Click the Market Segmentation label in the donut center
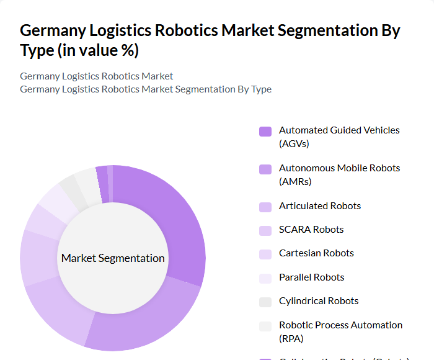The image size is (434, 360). (x=113, y=258)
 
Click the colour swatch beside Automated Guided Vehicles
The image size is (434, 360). (x=265, y=131)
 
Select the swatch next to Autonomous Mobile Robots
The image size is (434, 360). (x=265, y=169)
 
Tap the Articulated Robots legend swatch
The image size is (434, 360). (x=265, y=207)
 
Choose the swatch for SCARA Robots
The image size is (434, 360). (x=265, y=230)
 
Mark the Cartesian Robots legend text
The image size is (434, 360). (x=316, y=253)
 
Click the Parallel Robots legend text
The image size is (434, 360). (x=311, y=277)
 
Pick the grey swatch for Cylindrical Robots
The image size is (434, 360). (x=265, y=302)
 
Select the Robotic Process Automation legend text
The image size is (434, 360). (x=340, y=325)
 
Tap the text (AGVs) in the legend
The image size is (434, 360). (x=294, y=144)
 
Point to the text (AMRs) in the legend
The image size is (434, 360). (x=295, y=182)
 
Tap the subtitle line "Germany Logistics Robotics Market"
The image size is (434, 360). (x=96, y=76)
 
